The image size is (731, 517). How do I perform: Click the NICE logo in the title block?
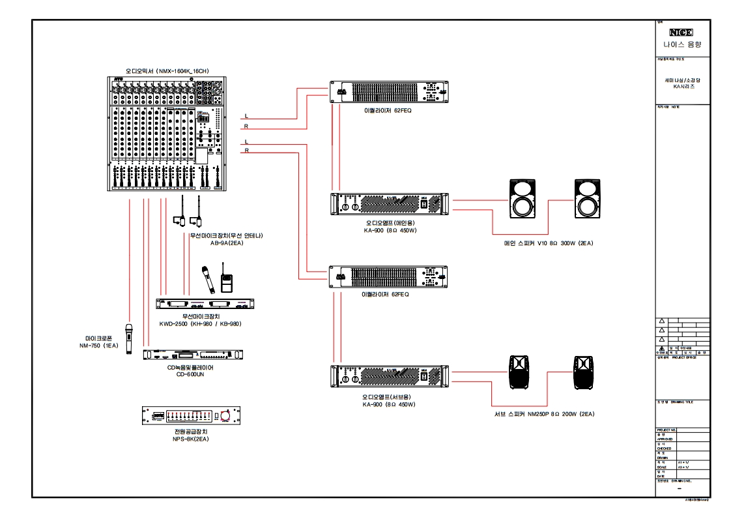(x=681, y=32)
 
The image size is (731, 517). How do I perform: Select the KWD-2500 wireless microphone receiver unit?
(x=205, y=304)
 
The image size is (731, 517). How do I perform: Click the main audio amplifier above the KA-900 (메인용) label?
(x=389, y=204)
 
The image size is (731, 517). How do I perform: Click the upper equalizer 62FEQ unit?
(x=389, y=91)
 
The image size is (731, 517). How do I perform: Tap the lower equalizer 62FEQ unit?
(x=389, y=276)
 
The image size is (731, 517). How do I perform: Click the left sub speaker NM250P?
(x=520, y=372)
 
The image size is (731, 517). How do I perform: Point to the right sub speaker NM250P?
(x=584, y=372)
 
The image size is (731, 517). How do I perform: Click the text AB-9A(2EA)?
(x=226, y=243)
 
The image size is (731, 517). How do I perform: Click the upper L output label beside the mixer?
(x=246, y=116)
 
